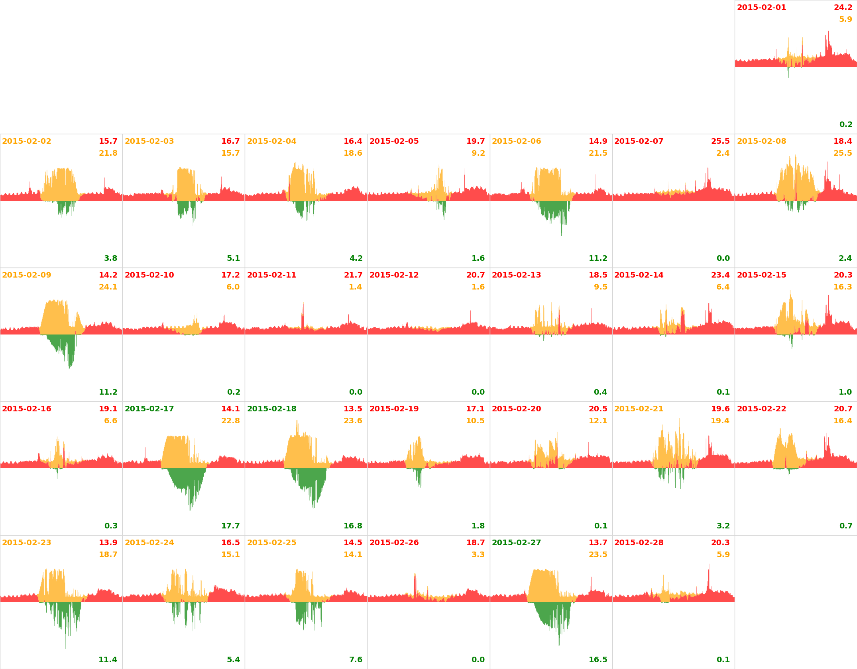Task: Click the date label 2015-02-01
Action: coord(761,8)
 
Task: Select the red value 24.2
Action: coord(843,8)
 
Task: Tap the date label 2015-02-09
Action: coord(27,275)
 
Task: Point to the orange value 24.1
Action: coord(108,287)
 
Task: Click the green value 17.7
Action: coord(230,526)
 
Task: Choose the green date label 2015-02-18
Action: coord(271,409)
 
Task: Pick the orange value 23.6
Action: coord(353,421)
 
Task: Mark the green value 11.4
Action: coord(108,660)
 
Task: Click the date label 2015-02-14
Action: coord(639,275)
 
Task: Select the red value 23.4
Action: coord(720,275)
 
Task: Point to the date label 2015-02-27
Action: coord(516,543)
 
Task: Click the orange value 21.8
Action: coord(108,153)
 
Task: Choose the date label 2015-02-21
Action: coord(639,409)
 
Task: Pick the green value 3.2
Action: coord(723,526)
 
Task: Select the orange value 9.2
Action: coord(478,153)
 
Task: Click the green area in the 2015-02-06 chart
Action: coord(552,209)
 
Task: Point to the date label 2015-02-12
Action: coord(394,275)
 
